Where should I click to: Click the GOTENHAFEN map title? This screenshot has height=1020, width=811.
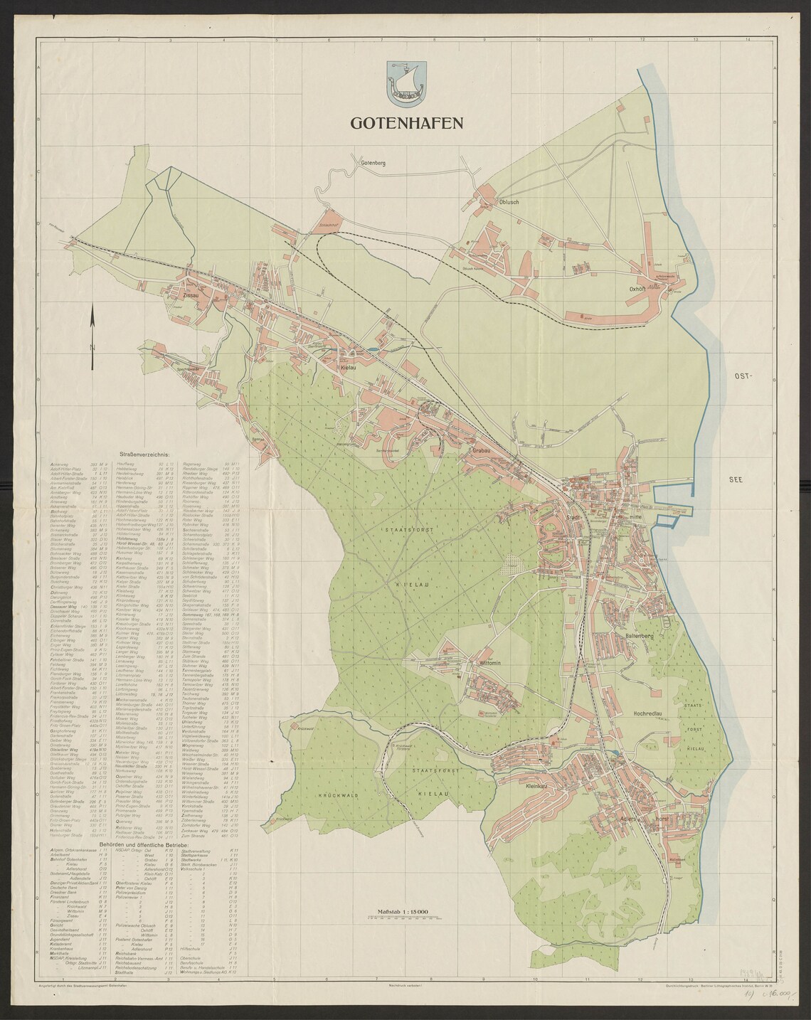406,122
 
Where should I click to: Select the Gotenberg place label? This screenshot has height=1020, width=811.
372,164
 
